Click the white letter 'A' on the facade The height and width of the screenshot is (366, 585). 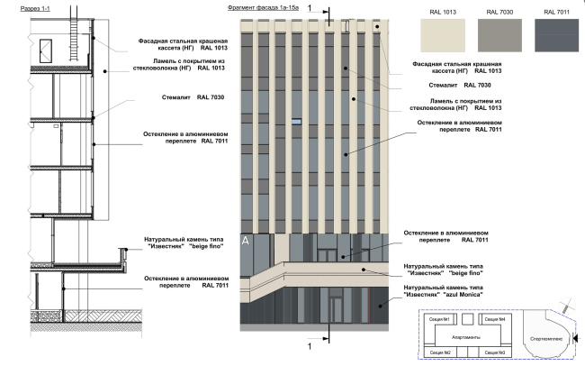click(x=246, y=240)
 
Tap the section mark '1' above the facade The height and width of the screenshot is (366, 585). click(x=310, y=7)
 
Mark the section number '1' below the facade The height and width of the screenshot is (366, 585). click(x=310, y=345)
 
